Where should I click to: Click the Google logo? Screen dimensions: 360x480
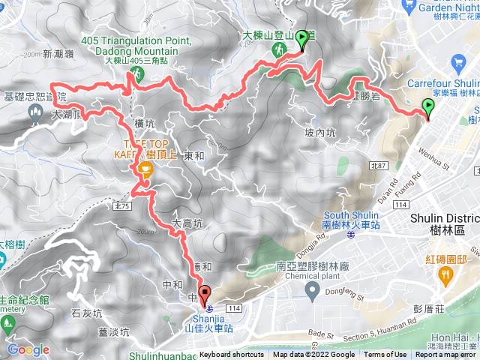click(x=28, y=350)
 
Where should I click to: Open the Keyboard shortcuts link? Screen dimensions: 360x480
click(x=231, y=355)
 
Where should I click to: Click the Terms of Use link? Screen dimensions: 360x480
click(x=385, y=355)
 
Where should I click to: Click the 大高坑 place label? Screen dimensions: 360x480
click(x=187, y=223)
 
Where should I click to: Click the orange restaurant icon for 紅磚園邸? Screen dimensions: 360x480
click(x=445, y=274)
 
